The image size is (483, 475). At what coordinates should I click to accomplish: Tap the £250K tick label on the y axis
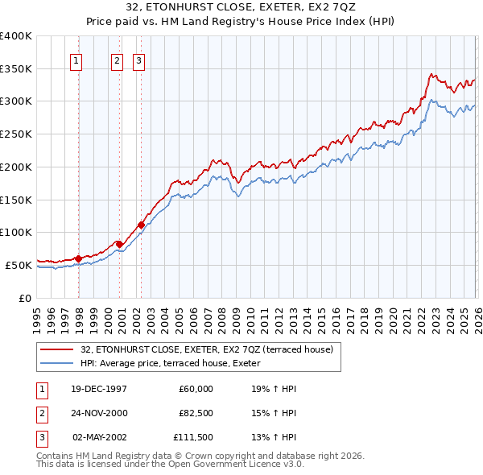pos(16,134)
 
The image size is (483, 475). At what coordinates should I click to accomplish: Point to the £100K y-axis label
pos(16,232)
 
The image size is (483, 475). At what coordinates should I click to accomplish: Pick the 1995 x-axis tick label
pos(36,316)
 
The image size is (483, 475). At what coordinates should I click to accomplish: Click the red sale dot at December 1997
pos(78,258)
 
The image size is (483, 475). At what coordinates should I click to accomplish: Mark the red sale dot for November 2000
pos(119,244)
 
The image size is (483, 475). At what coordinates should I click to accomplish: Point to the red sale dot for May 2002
pos(141,225)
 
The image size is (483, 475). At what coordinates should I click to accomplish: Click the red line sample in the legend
pos(56,349)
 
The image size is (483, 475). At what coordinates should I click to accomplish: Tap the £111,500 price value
pos(192,437)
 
